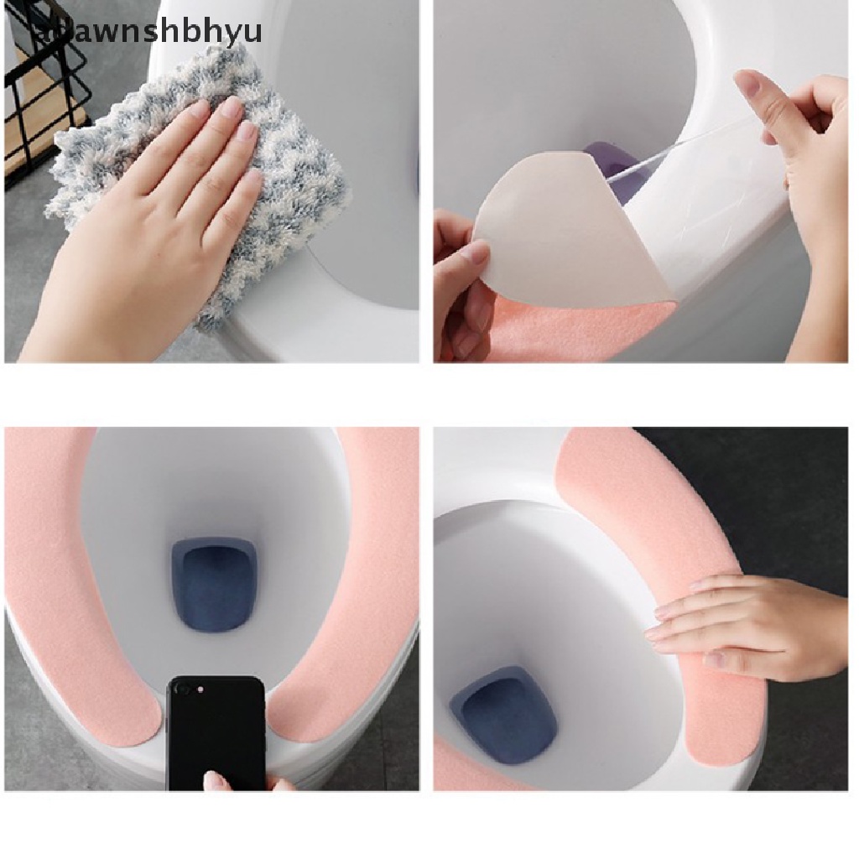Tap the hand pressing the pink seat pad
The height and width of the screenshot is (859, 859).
(747, 625)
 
